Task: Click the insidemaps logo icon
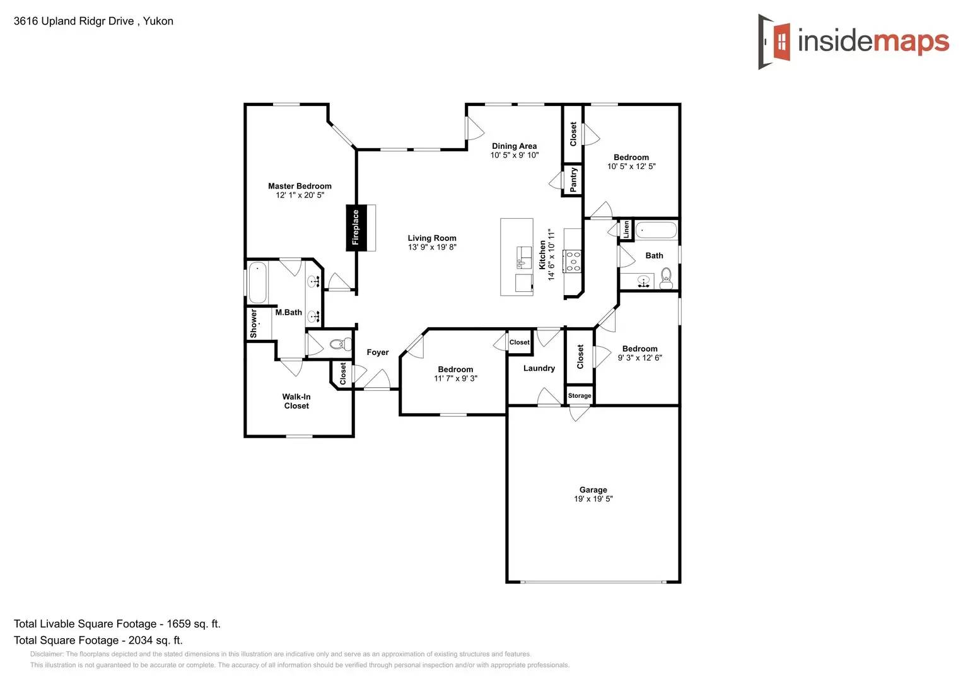coord(774,42)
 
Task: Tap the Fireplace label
coord(355,228)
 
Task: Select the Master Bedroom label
coord(300,186)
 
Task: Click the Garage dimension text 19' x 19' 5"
coord(593,499)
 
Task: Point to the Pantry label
coord(573,180)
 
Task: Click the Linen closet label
coord(626,229)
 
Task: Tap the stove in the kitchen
coord(573,260)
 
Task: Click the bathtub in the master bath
coord(257,283)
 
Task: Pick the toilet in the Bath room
coord(666,277)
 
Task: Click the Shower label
coord(254,323)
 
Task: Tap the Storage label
coord(580,396)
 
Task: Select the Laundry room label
coord(539,368)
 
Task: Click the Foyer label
coord(378,352)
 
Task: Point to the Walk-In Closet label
coord(296,401)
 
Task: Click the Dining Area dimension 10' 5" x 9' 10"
coord(515,155)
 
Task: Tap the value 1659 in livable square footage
coord(178,624)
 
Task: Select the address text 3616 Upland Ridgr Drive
coord(74,21)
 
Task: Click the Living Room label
coord(432,238)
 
